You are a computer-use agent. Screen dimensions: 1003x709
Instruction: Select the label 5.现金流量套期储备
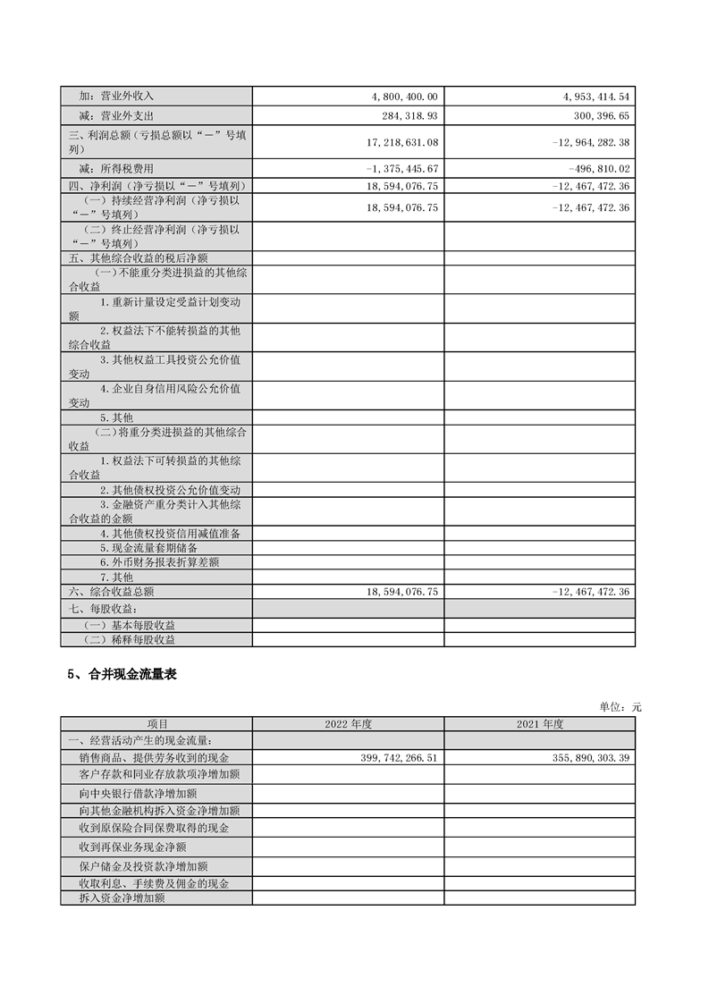[x=148, y=547]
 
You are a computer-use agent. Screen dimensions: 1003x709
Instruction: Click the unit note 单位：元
[x=620, y=706]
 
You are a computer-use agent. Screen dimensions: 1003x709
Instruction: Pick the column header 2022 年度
[x=348, y=723]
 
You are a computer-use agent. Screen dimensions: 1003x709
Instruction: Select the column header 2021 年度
[x=539, y=723]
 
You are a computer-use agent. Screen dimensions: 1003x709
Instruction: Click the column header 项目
[x=157, y=723]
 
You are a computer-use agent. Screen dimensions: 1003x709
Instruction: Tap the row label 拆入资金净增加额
[x=122, y=898]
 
